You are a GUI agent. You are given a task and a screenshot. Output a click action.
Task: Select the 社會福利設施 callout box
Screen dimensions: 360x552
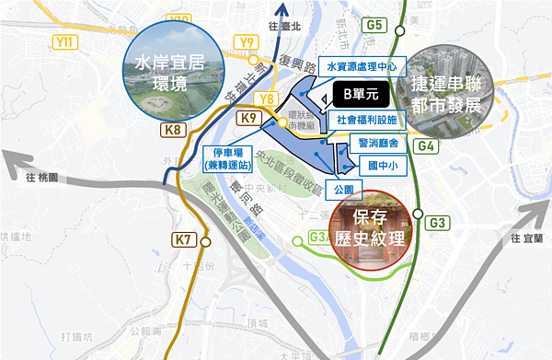pyautogui.click(x=366, y=120)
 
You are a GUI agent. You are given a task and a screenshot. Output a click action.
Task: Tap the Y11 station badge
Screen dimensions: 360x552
pyautogui.click(x=65, y=41)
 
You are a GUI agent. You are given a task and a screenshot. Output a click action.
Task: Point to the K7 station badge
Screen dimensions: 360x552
pyautogui.click(x=184, y=241)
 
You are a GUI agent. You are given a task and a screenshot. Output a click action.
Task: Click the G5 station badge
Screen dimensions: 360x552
pyautogui.click(x=373, y=24)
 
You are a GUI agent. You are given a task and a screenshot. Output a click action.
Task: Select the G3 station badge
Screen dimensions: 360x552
pyautogui.click(x=438, y=223)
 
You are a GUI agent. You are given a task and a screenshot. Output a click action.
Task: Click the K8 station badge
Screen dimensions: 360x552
pyautogui.click(x=174, y=130)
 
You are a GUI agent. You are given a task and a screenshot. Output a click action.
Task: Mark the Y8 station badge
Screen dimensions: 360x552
pyautogui.click(x=268, y=98)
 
